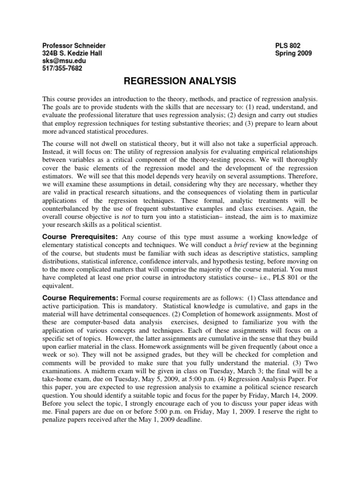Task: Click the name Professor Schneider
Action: [x=74, y=45]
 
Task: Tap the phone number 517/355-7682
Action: [x=62, y=68]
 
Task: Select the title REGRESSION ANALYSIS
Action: [x=180, y=82]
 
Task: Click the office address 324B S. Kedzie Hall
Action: [x=72, y=53]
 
